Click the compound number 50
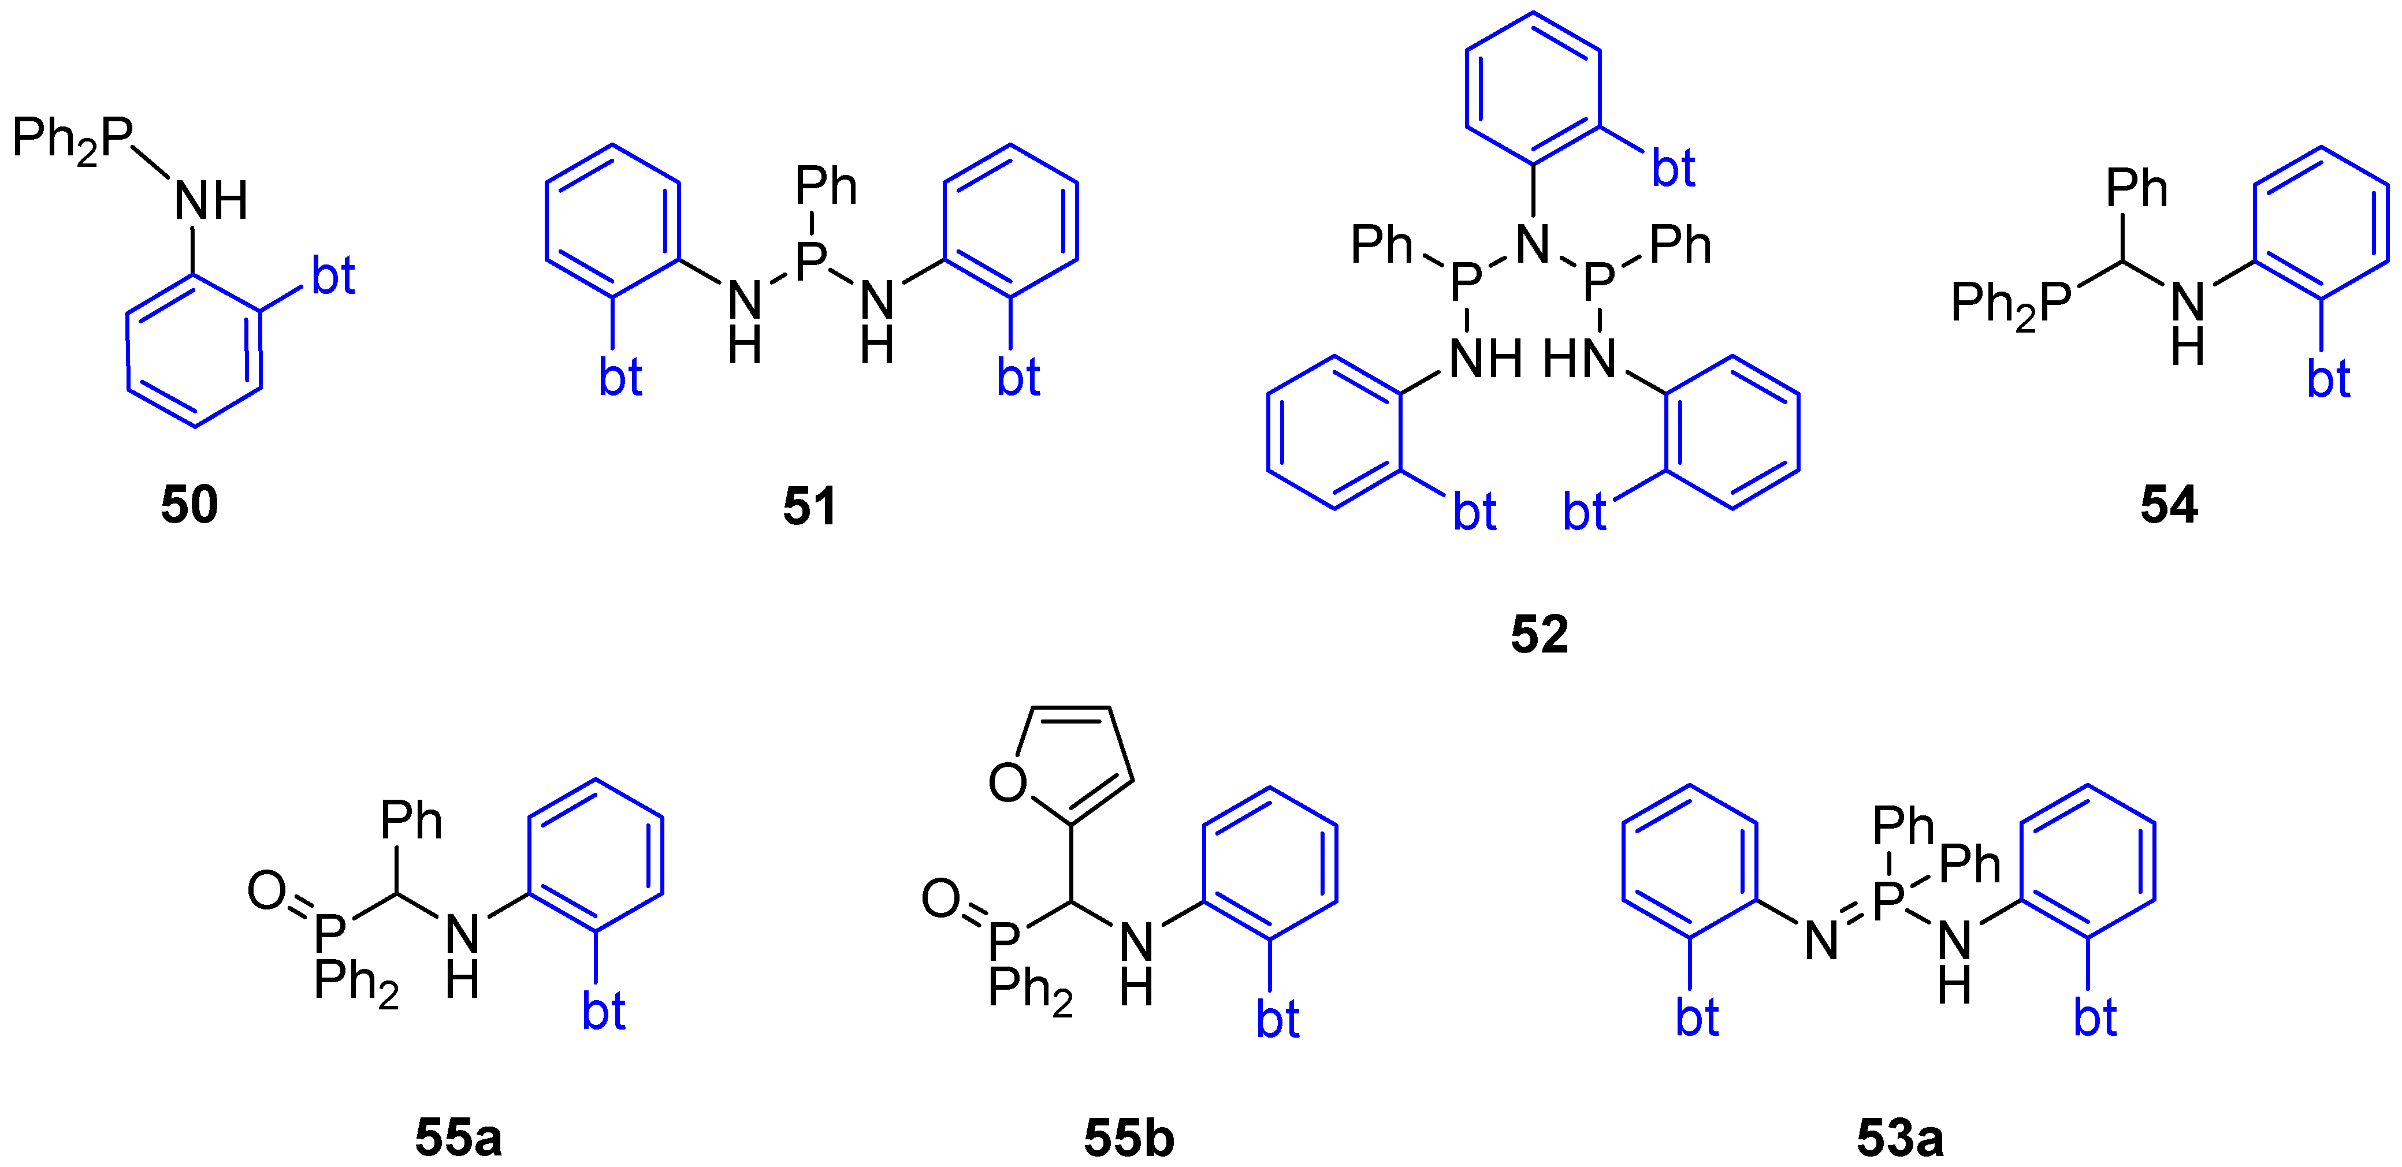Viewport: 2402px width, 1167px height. tap(189, 504)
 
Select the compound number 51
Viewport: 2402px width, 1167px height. tap(809, 505)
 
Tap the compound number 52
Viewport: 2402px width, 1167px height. tap(1540, 634)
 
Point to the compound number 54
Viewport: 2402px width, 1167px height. tap(2169, 504)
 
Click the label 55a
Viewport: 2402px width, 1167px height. tap(458, 1137)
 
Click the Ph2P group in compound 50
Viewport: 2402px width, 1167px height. tap(73, 140)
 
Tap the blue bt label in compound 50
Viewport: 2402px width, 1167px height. tap(333, 276)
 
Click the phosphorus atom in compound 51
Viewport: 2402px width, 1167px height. tap(812, 260)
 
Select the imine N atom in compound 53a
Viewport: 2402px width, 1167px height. tap(1821, 939)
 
